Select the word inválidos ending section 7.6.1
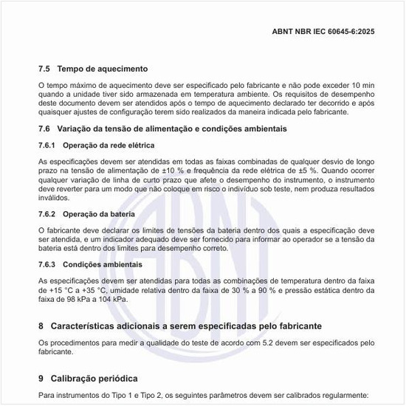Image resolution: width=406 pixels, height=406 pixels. coord(55,197)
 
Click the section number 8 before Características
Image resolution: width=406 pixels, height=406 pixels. coord(41,326)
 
